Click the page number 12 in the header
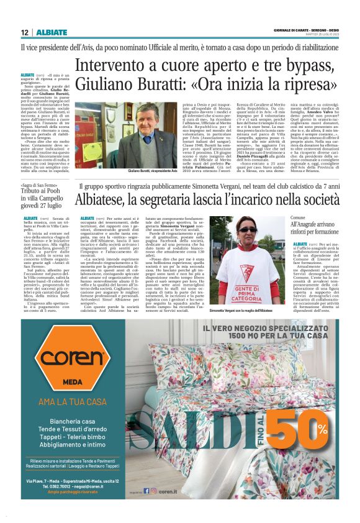tap(25, 32)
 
